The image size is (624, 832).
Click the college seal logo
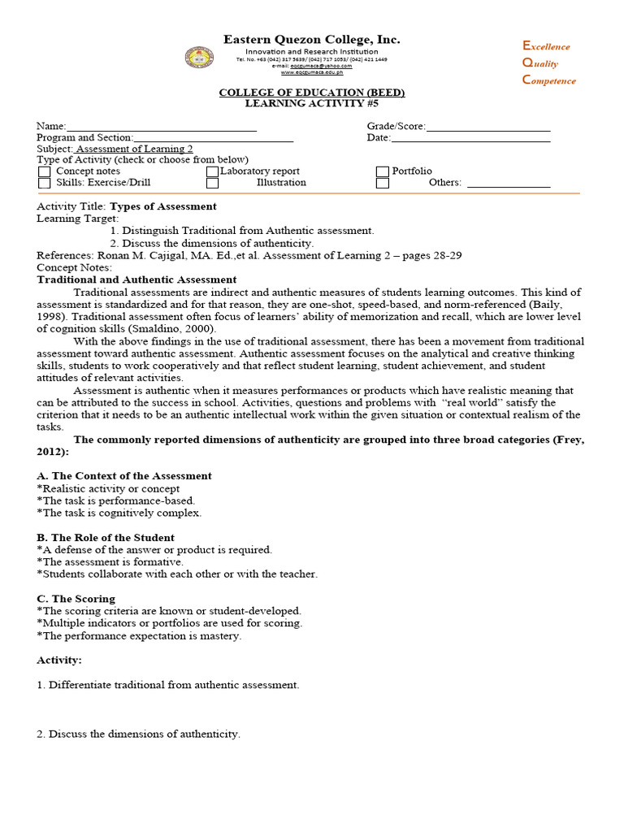(x=200, y=58)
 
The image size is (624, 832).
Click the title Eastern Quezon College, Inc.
(x=312, y=40)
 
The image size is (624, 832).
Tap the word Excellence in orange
(x=546, y=46)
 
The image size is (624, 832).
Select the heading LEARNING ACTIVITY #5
(x=312, y=104)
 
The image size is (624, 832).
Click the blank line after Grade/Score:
(x=487, y=128)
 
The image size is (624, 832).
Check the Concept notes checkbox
(x=45, y=171)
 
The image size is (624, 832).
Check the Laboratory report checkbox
(x=212, y=171)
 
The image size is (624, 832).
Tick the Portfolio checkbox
(x=382, y=171)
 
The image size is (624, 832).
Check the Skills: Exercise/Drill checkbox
(x=45, y=183)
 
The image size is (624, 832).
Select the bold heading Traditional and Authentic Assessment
(x=136, y=279)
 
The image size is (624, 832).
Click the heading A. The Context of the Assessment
(x=124, y=476)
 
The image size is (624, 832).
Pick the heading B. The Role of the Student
(x=106, y=538)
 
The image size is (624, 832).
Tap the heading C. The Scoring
(x=76, y=599)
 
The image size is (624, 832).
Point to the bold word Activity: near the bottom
(x=59, y=661)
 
